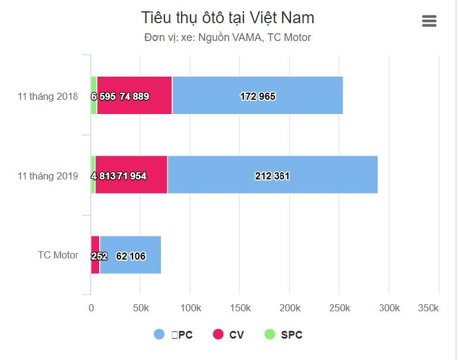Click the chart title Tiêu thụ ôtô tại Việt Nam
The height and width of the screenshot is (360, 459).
(228, 18)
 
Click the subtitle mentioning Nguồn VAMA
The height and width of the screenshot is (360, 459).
(228, 37)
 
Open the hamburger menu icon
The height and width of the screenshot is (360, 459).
(429, 21)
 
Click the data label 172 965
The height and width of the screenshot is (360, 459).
(258, 96)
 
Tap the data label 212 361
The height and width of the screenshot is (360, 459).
(272, 176)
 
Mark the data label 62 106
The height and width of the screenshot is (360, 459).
(131, 256)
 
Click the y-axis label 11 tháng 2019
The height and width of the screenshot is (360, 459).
(48, 176)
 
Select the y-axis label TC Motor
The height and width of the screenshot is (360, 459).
(58, 255)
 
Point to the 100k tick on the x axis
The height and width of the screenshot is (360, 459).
(190, 308)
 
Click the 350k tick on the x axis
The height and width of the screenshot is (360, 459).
(428, 308)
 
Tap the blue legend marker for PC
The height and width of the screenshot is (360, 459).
(159, 334)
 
